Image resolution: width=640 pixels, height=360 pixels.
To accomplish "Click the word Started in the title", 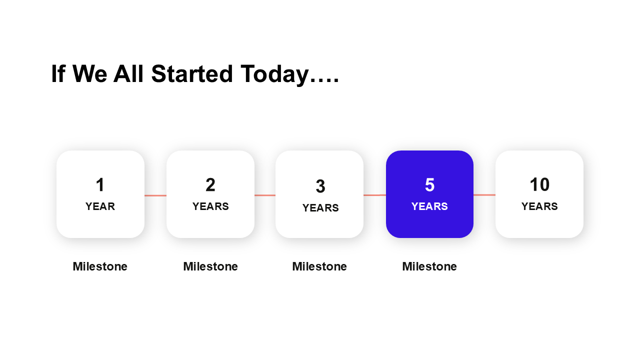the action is pos(192,73).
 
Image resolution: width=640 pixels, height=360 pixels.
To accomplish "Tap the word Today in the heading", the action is pos(275,75).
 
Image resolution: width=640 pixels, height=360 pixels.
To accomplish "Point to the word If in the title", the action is pos(58,73).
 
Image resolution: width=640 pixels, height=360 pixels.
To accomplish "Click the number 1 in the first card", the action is pos(100,184).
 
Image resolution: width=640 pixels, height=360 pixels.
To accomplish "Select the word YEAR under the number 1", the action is pos(100,206).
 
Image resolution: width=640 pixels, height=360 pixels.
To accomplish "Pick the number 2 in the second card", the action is pos(210,184).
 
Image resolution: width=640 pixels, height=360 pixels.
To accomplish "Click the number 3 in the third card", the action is pos(320,186).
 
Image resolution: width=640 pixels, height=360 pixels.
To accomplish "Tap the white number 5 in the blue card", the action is pos(429,184).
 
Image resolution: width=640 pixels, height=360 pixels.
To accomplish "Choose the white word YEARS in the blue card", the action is pos(429,206).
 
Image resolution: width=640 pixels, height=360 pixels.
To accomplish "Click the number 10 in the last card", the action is pos(539,184).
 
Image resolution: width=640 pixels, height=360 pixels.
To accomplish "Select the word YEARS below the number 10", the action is pos(539,206).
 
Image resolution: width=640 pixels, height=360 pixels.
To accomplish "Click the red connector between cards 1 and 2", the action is pos(155,195).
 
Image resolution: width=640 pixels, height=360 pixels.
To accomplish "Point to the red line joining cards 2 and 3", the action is pos(265,195).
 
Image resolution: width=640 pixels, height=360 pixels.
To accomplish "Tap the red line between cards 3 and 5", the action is pos(374,195).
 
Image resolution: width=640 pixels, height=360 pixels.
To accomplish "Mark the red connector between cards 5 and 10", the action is pos(484,195).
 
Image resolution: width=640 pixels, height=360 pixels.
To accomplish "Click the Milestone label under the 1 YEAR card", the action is pos(100,266).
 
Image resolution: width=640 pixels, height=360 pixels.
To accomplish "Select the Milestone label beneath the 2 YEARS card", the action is pos(210,266).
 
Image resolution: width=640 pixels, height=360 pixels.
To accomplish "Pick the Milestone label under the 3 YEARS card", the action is pos(319,266).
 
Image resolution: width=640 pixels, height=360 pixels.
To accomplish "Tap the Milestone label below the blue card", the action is pos(429,266).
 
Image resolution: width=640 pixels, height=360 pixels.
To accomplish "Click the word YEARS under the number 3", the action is pos(320,207).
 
